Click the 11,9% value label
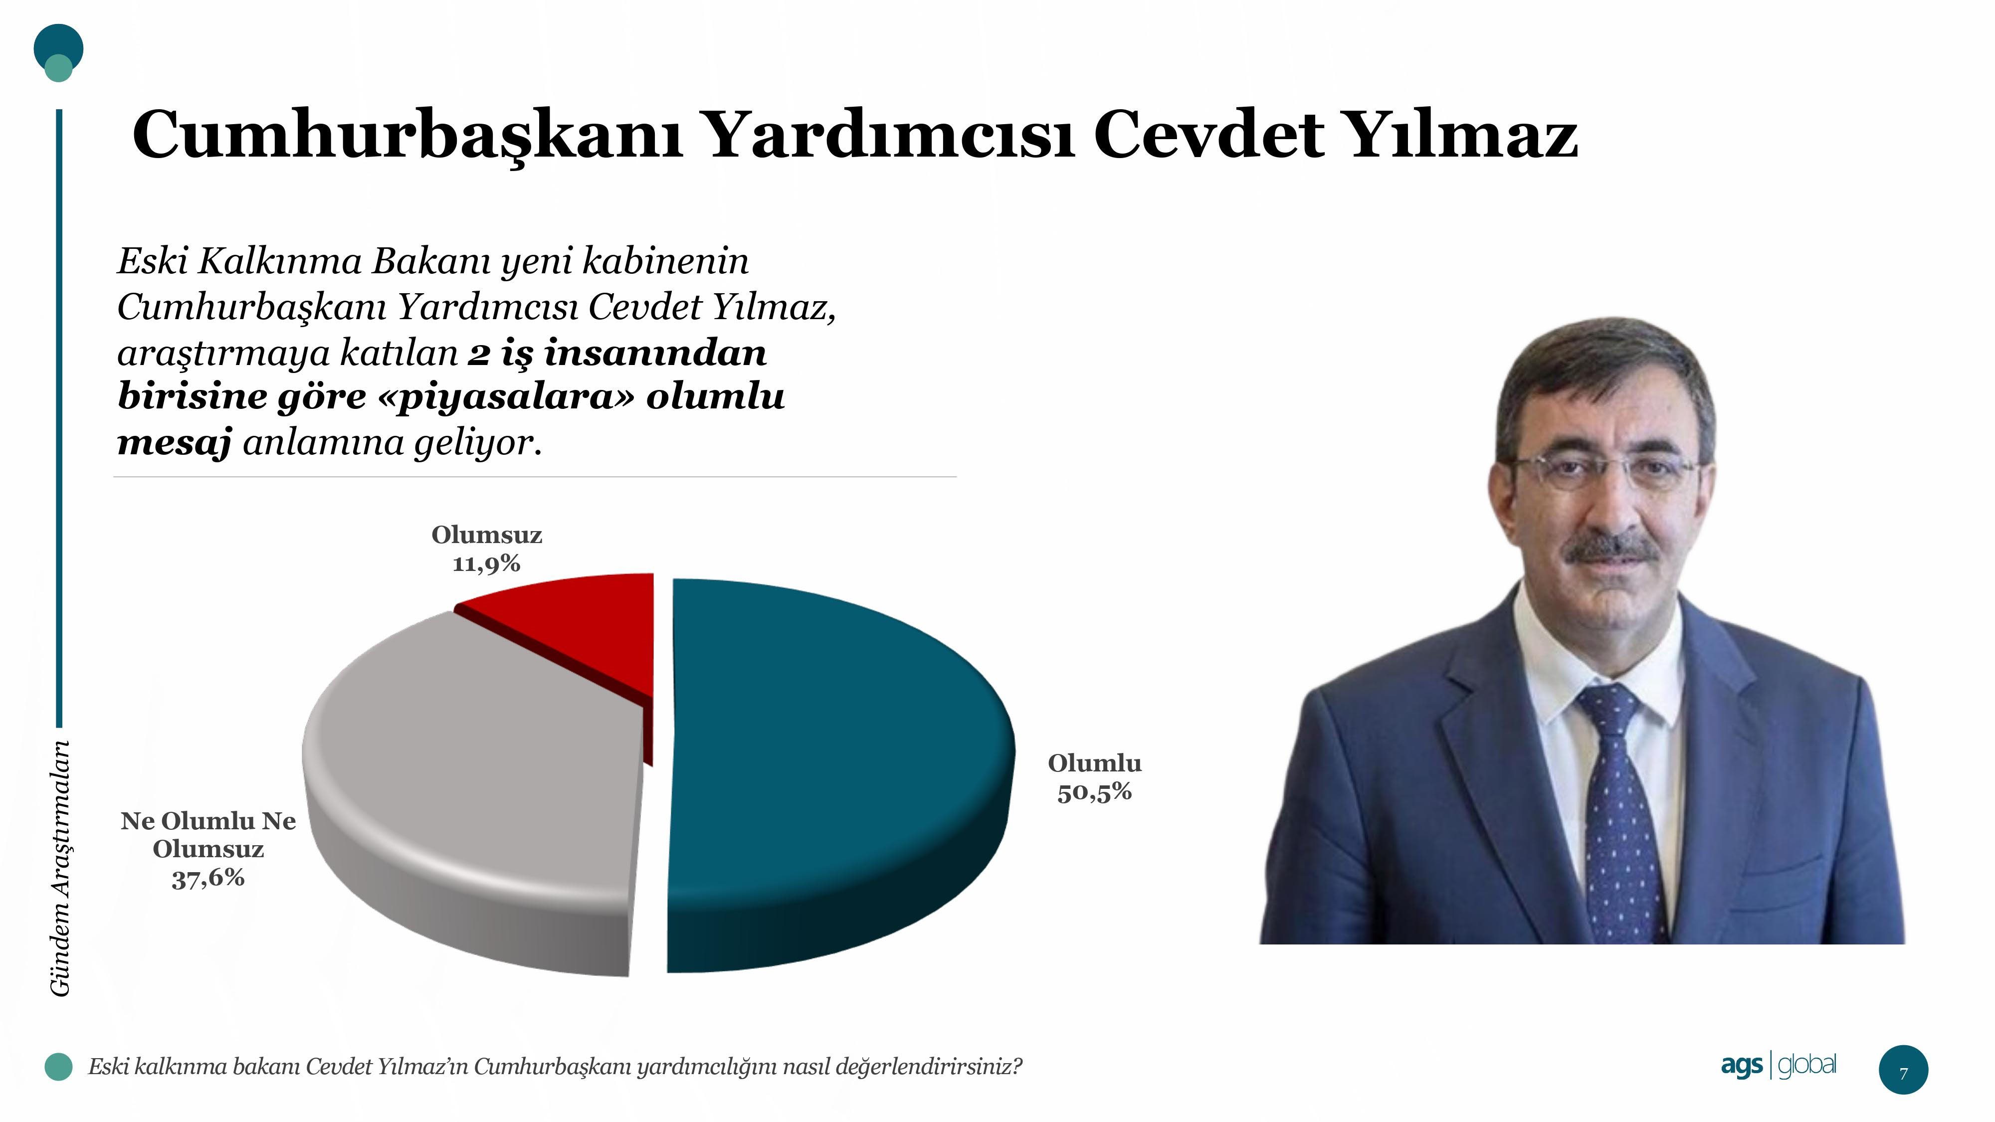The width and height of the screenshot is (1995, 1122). (486, 563)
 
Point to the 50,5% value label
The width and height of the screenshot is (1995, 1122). (1094, 792)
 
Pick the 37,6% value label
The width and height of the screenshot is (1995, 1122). (208, 878)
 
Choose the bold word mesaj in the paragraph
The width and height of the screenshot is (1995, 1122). (174, 443)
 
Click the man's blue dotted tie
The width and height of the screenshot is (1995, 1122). (1622, 813)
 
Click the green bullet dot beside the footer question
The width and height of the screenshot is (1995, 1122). (58, 1066)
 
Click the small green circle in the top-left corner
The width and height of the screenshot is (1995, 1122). (58, 69)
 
